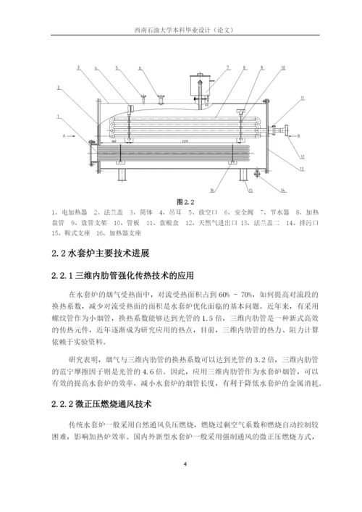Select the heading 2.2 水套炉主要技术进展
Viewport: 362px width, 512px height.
tap(101, 253)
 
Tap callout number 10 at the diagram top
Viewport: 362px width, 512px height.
tap(282, 67)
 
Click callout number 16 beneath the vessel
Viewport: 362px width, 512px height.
tap(211, 191)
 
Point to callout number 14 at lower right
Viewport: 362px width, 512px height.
tap(282, 190)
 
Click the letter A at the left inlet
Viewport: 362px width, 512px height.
tap(63, 135)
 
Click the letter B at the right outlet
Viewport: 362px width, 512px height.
tap(298, 135)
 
